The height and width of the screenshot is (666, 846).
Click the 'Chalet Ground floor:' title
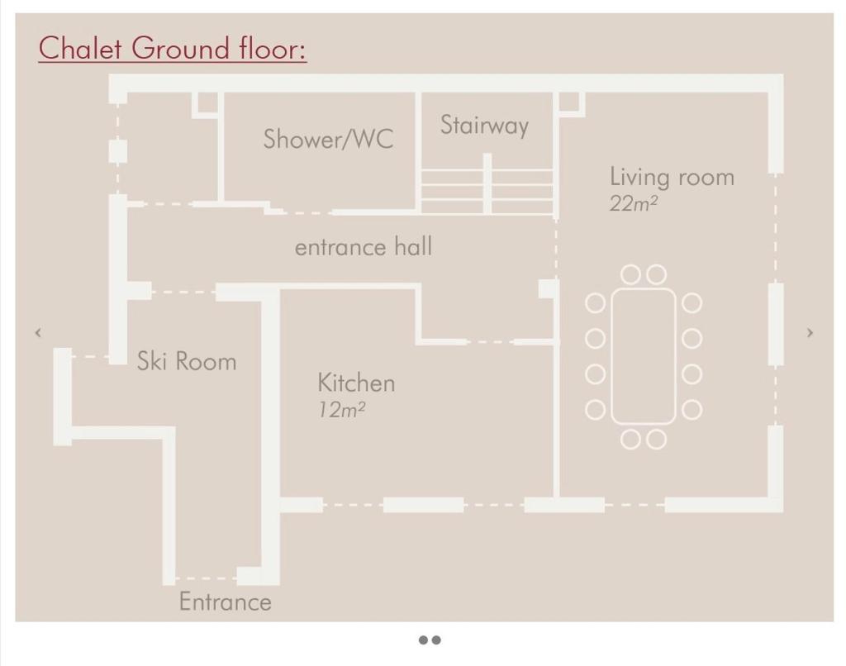click(x=173, y=48)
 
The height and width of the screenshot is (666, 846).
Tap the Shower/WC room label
click(x=328, y=140)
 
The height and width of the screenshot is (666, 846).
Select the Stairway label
click(x=484, y=126)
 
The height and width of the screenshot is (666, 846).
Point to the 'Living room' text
click(x=672, y=177)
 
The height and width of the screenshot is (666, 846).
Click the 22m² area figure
click(x=634, y=203)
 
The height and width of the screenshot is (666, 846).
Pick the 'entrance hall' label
click(x=364, y=246)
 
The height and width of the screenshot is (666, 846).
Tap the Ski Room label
click(x=187, y=361)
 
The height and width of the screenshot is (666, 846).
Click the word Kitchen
click(x=356, y=383)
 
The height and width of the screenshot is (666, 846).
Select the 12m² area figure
click(x=341, y=410)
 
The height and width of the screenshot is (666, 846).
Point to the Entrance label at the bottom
click(x=225, y=602)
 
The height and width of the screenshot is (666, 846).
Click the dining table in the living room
click(x=643, y=356)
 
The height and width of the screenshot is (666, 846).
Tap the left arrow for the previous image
click(x=38, y=332)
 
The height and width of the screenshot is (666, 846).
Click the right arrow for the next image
click(x=810, y=332)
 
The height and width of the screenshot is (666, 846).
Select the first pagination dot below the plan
click(x=424, y=640)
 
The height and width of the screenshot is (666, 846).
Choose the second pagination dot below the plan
click(x=436, y=640)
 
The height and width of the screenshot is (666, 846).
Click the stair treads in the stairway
click(x=487, y=192)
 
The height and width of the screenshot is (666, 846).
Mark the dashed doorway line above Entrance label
click(x=206, y=578)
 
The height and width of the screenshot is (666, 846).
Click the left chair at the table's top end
click(x=630, y=274)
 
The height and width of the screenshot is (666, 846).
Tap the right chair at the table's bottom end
click(x=656, y=440)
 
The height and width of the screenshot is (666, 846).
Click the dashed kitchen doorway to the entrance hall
click(x=490, y=341)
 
